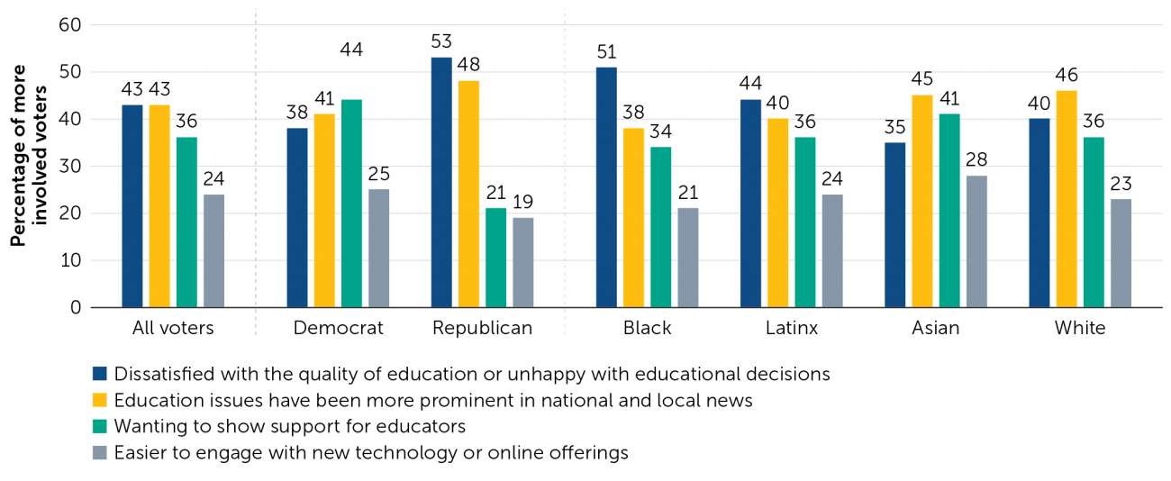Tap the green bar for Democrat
[x=351, y=204]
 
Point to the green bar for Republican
[x=495, y=258]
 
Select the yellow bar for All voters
[x=159, y=206]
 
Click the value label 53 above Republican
[x=441, y=41]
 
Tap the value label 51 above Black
[x=606, y=51]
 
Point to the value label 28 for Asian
[x=976, y=159]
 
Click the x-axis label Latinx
[x=792, y=328]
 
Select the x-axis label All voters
[x=173, y=328]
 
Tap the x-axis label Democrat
[x=338, y=328]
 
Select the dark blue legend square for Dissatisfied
[x=100, y=374]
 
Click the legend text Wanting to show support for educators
[x=289, y=426]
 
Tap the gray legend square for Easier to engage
[x=100, y=452]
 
